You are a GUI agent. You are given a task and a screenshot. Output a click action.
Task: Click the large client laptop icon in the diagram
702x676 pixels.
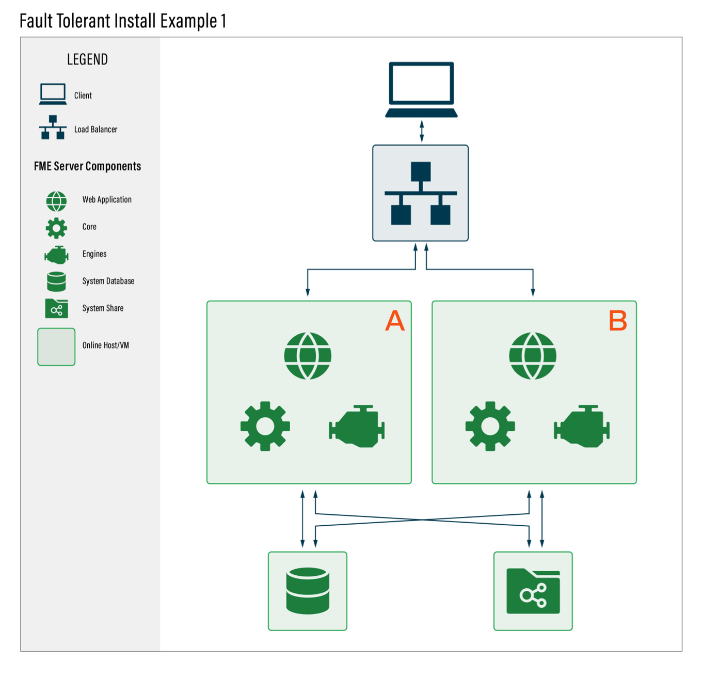point(421,89)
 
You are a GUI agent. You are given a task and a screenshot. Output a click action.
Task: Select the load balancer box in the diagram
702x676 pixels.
point(420,193)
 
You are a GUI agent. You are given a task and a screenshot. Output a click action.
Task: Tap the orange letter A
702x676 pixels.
point(395,321)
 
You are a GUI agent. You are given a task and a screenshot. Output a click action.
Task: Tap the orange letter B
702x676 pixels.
point(617,321)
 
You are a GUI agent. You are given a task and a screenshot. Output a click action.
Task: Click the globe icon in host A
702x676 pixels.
point(307,355)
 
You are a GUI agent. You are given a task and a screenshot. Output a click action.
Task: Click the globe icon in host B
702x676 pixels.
point(533,355)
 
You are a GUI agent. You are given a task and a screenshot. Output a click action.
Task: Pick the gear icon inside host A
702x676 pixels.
point(265,426)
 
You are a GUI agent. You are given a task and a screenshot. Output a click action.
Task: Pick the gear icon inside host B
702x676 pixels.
point(490,426)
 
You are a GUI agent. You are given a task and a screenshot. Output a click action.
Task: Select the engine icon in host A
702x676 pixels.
point(356,426)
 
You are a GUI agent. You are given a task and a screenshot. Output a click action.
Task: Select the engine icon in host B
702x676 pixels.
point(582,426)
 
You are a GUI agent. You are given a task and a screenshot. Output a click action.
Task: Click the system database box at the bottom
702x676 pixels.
point(307,591)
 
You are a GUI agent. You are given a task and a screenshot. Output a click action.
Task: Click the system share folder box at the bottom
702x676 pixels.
point(533,591)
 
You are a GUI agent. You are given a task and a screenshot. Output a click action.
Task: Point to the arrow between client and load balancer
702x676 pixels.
point(421,131)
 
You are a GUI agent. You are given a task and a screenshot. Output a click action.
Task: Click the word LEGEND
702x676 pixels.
point(87,59)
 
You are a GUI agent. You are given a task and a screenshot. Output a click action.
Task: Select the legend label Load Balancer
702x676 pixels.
point(95,129)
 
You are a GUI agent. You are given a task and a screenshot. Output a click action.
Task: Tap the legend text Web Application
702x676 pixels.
point(107,199)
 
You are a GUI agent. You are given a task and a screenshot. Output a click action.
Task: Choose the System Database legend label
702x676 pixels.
point(108,281)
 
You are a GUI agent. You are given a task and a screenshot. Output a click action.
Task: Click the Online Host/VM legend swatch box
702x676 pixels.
point(56,347)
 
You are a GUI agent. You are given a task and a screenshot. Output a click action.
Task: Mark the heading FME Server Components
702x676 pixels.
point(87,166)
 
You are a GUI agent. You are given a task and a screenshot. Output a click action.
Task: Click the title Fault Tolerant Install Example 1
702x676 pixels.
point(123,21)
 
